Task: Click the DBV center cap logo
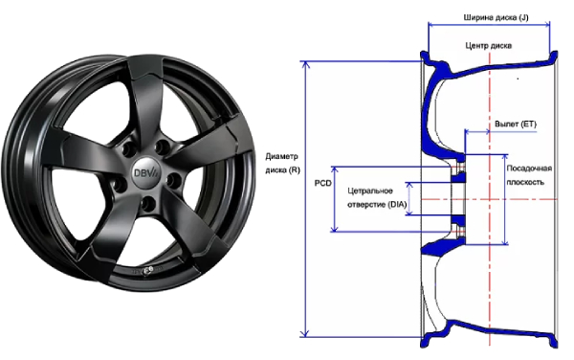pos(145,173)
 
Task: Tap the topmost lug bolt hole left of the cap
pos(128,149)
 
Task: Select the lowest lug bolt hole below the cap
pos(148,204)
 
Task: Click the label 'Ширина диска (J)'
pos(496,17)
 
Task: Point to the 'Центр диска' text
pos(488,45)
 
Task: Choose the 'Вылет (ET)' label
pos(516,124)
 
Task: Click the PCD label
pos(323,183)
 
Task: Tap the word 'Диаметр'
pos(282,156)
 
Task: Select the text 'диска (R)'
pos(282,170)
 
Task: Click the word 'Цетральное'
pos(370,191)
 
